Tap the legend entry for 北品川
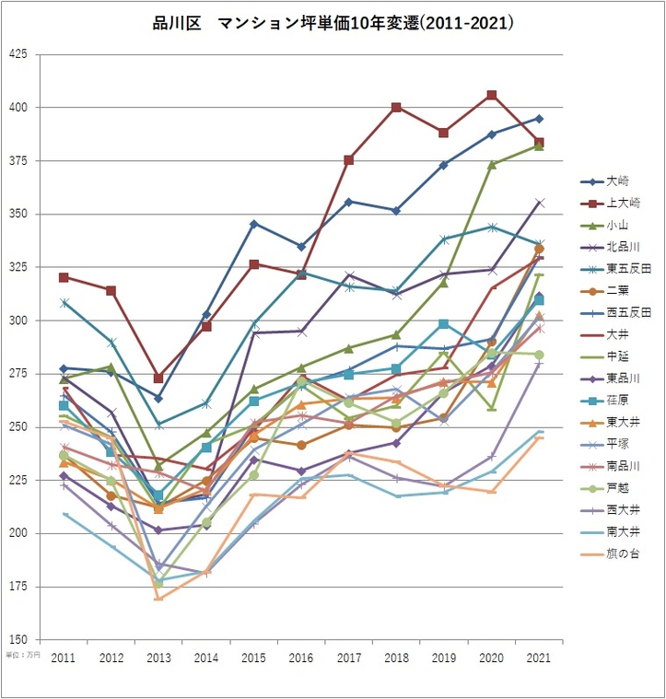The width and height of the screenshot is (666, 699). coord(622,247)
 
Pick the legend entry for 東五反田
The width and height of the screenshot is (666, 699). coord(627,269)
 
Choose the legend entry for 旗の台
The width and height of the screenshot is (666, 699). coord(622,553)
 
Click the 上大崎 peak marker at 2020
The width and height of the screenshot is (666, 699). coord(492,95)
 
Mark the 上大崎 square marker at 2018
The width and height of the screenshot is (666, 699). coord(396,108)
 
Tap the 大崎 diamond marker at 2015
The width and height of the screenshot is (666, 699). coord(254,224)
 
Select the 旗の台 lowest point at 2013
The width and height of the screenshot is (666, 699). coord(158,599)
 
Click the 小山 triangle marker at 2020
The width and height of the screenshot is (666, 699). coord(492,164)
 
